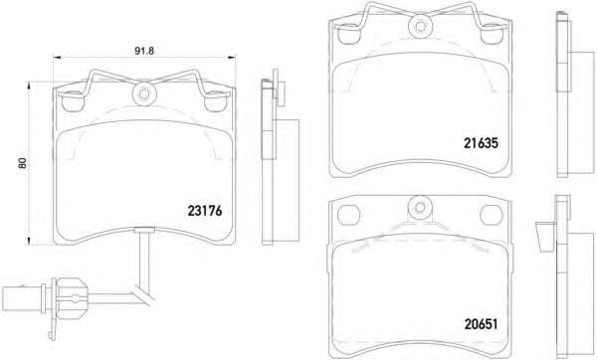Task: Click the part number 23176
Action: (x=204, y=211)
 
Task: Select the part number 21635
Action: (x=481, y=143)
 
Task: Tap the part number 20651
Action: (x=481, y=324)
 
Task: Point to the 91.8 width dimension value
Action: (x=144, y=51)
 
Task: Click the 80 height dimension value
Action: (x=23, y=163)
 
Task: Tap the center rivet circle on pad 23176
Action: (x=144, y=93)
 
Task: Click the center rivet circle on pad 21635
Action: (x=420, y=26)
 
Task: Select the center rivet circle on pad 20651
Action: (x=420, y=208)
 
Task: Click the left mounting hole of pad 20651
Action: (x=348, y=216)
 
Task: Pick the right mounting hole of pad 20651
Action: (x=492, y=216)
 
